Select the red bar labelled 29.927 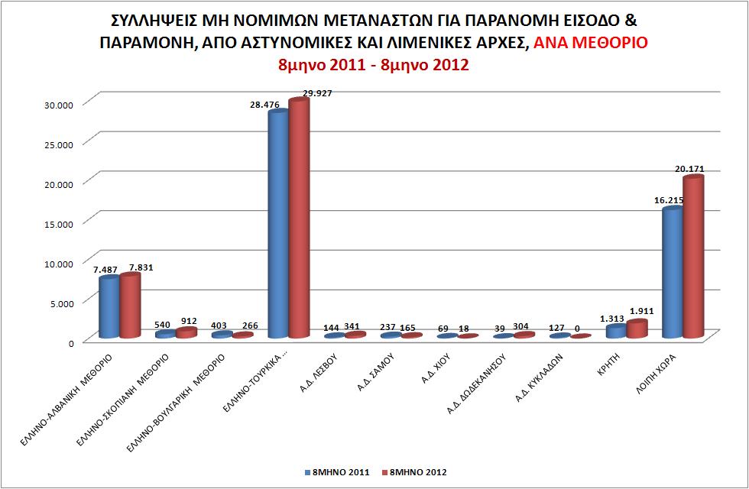(x=299, y=222)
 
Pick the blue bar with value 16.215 (x=672, y=274)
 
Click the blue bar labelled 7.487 (x=109, y=307)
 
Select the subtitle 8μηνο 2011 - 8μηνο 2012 (x=374, y=65)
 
